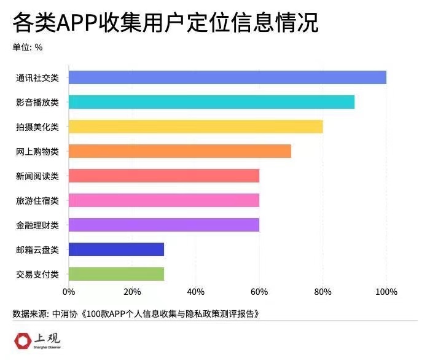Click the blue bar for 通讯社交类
pyautogui.click(x=227, y=77)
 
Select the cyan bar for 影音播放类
pyautogui.click(x=211, y=102)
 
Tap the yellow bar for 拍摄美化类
pyautogui.click(x=195, y=127)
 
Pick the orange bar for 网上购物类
pyautogui.click(x=179, y=151)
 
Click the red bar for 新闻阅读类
pyautogui.click(x=163, y=176)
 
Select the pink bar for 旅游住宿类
pyautogui.click(x=163, y=200)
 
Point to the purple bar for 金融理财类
pyautogui.click(x=163, y=225)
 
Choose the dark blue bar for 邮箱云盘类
pyautogui.click(x=116, y=249)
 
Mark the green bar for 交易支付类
pyautogui.click(x=116, y=274)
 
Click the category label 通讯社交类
pyautogui.click(x=37, y=78)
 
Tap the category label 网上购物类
pyautogui.click(x=37, y=152)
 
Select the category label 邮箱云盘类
pyautogui.click(x=37, y=250)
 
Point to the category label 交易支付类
pyautogui.click(x=37, y=275)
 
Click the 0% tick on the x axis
pyautogui.click(x=69, y=292)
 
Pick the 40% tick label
pyautogui.click(x=195, y=292)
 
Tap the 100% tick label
pyautogui.click(x=386, y=292)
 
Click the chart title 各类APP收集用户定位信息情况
pyautogui.click(x=165, y=23)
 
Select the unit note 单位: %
pyautogui.click(x=28, y=47)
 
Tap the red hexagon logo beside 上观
pyautogui.click(x=22, y=340)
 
